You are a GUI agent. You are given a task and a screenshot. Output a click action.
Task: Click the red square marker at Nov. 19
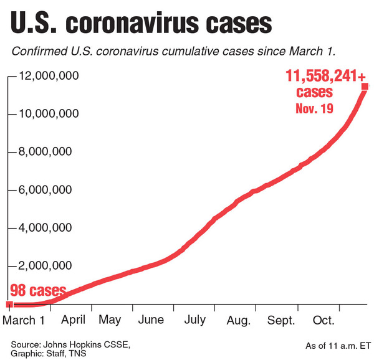[365, 86]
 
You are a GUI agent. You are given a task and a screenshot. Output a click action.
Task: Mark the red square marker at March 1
[9, 304]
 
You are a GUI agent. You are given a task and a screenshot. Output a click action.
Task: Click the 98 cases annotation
[37, 291]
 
